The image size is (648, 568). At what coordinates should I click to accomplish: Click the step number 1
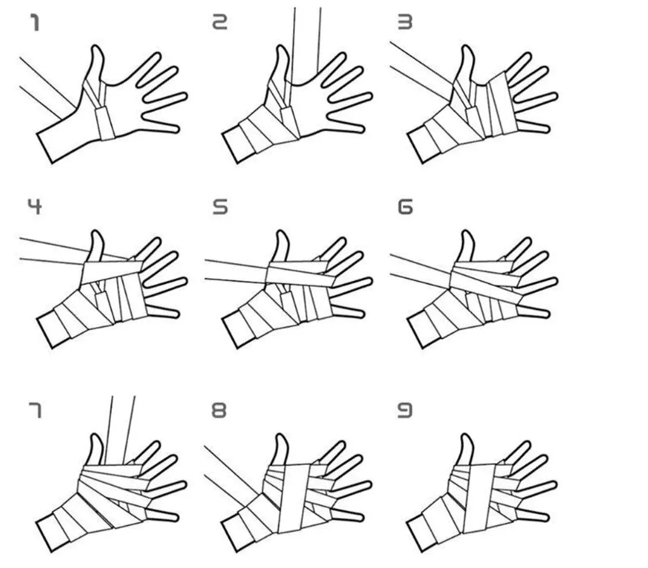[x=35, y=22]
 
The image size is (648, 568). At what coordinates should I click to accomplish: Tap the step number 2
[x=220, y=22]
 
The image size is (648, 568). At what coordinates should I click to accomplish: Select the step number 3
[x=405, y=22]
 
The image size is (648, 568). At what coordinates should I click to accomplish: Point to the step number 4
[x=35, y=207]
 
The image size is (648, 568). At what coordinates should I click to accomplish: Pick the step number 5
[x=220, y=207]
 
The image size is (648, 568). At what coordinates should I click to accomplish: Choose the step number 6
[x=405, y=207]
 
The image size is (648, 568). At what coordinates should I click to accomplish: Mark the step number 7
[x=35, y=411]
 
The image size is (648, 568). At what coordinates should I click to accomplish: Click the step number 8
[x=219, y=411]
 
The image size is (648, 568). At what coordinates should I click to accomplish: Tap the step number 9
[x=405, y=411]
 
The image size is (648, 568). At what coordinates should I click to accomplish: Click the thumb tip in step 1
[x=97, y=47]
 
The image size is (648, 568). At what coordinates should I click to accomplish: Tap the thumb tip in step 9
[x=467, y=436]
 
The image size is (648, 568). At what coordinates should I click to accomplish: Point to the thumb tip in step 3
[x=467, y=48]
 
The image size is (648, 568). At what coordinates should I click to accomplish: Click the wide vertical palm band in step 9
[x=480, y=498]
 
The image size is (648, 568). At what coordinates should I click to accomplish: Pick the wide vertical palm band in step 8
[x=294, y=498]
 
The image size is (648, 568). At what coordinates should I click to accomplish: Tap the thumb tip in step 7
[x=97, y=436]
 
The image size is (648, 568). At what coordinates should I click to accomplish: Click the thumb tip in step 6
[x=467, y=233]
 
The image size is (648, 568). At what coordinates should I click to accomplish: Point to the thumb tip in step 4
[x=97, y=233]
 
